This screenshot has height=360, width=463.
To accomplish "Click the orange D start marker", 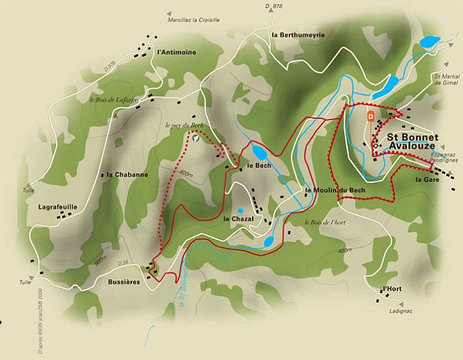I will [371, 114].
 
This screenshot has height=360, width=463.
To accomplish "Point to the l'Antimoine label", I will [176, 52].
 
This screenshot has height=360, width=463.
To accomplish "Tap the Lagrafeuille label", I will [57, 206].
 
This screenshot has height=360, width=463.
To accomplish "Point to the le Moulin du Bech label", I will [335, 190].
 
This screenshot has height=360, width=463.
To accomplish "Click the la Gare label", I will [427, 180].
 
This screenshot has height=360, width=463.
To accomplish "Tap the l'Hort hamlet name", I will [392, 289].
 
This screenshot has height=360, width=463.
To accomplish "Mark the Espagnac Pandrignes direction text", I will [431, 158].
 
